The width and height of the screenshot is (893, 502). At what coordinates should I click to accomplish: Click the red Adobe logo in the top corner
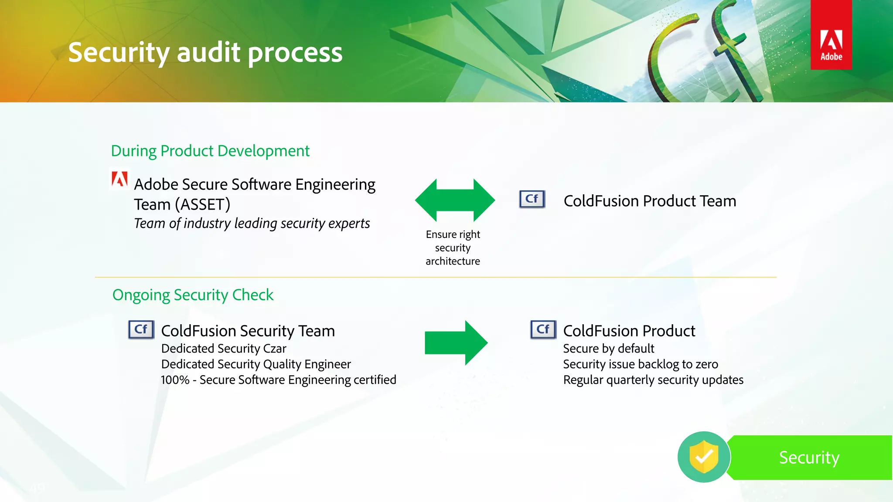pos(831,35)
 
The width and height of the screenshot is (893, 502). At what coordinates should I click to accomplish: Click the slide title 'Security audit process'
pos(205,53)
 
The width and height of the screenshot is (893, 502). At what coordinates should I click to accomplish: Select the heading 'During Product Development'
pos(210,151)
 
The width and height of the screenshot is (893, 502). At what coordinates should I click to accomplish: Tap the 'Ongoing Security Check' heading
pos(193,295)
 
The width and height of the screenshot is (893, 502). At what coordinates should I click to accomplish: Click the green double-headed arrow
pos(455,200)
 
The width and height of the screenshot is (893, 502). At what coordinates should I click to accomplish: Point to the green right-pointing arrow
pos(456,343)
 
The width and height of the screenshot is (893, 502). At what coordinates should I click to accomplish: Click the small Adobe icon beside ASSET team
pos(119,179)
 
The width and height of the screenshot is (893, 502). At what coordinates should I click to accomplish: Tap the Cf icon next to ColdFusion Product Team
pos(532,199)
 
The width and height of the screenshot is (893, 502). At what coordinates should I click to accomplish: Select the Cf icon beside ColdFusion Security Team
pos(141,329)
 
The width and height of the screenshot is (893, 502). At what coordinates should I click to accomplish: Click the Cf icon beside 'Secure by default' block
pos(543,329)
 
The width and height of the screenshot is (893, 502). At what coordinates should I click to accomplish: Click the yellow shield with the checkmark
pos(703,456)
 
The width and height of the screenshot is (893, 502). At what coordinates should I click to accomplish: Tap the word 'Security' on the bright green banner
pos(809,458)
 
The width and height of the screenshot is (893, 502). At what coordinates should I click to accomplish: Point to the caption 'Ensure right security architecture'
pos(453,248)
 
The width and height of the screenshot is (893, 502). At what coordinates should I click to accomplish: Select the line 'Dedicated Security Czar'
pos(224,349)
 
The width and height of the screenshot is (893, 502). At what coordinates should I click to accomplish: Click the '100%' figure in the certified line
pos(175,380)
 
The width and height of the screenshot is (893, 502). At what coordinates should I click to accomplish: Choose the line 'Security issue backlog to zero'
pos(641,364)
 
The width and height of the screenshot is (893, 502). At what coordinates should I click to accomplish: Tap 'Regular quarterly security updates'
pos(653,380)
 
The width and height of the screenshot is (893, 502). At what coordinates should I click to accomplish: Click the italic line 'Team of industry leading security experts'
pos(252,223)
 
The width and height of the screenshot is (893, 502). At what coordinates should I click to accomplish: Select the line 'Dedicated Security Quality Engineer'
pos(256,364)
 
